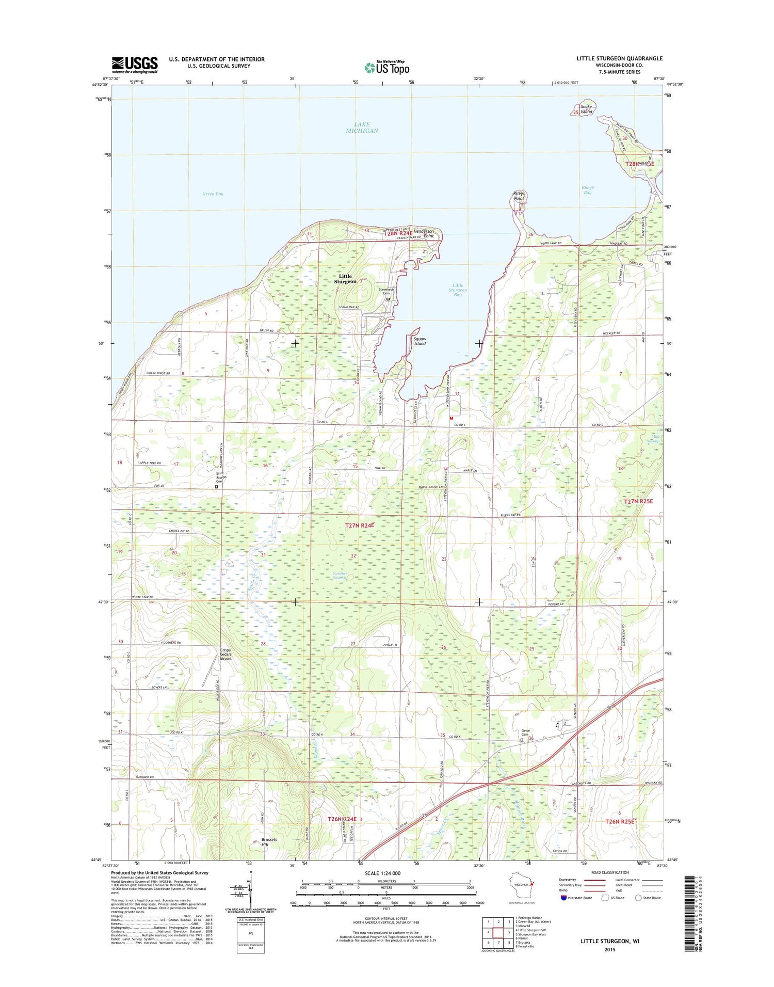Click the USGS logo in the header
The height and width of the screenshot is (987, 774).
pyautogui.click(x=135, y=65)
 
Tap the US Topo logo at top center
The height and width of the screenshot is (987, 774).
pyautogui.click(x=387, y=67)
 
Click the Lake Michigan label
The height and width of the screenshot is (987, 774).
pyautogui.click(x=362, y=128)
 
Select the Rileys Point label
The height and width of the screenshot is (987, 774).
pyautogui.click(x=519, y=196)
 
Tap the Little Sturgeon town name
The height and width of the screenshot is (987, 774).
pyautogui.click(x=345, y=279)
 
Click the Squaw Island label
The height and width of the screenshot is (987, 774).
pyautogui.click(x=420, y=341)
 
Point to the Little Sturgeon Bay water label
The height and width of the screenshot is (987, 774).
pyautogui.click(x=458, y=290)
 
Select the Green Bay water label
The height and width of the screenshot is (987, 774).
pyautogui.click(x=213, y=194)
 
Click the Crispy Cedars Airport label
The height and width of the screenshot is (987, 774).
pyautogui.click(x=225, y=654)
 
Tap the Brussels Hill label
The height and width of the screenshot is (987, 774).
pyautogui.click(x=269, y=842)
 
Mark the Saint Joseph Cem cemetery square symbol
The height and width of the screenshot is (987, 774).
pyautogui.click(x=216, y=486)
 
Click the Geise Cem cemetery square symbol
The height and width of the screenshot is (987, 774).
pyautogui.click(x=522, y=740)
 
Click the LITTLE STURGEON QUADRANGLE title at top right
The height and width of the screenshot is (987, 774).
pyautogui.click(x=619, y=58)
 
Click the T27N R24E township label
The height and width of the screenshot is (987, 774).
pyautogui.click(x=359, y=525)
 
